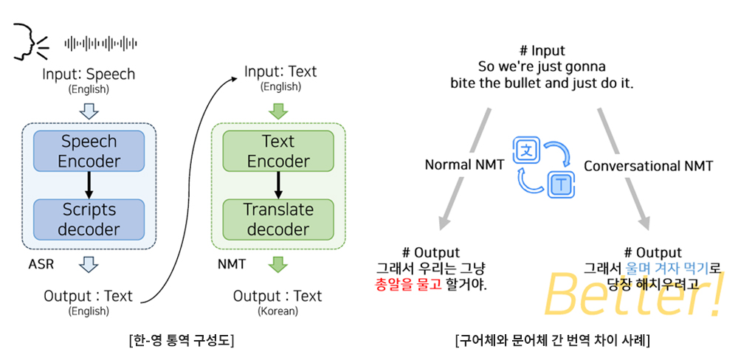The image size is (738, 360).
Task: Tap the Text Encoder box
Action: tap(278, 151)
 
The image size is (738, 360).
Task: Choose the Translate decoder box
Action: tap(278, 219)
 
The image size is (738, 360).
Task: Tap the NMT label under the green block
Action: tap(230, 263)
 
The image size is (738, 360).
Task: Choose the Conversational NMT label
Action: tap(649, 166)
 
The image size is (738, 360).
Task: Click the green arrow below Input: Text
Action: tap(278, 111)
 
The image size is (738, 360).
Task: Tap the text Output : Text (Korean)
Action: tap(277, 301)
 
